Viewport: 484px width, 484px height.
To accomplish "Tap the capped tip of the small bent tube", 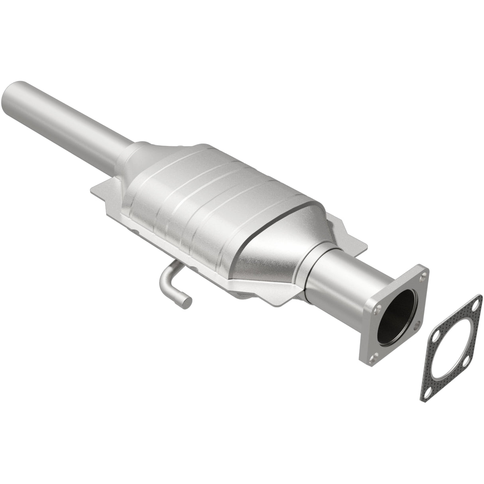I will [187, 302].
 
